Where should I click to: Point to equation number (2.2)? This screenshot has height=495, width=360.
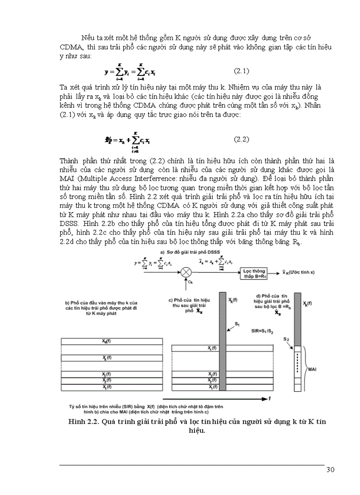(241, 139)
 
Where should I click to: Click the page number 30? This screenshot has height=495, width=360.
(330, 469)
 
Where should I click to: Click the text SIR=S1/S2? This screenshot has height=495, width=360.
(260, 330)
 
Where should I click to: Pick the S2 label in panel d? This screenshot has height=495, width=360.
(286, 339)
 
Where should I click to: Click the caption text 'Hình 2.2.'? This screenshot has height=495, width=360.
(82, 422)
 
